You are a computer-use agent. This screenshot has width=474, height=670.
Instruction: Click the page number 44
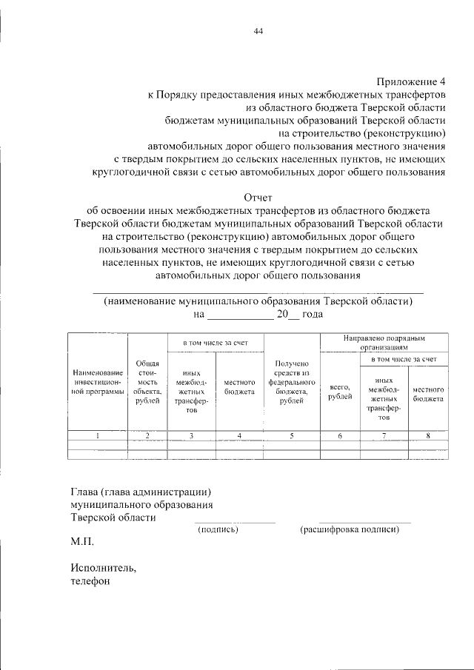pos(258,31)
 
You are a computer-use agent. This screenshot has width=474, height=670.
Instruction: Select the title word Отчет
pos(258,198)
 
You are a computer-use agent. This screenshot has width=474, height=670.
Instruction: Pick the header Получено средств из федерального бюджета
pos(291,383)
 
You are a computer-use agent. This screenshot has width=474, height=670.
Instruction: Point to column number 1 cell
pos(98,435)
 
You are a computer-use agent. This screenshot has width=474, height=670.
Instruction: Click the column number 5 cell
pos(291,435)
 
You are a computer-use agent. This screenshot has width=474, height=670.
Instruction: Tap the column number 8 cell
pos(427,435)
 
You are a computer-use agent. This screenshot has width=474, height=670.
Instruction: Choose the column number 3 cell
pos(191,435)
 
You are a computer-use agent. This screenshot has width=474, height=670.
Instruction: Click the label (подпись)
pos(217,529)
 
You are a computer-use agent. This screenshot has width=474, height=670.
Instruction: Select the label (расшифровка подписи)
pos(350,529)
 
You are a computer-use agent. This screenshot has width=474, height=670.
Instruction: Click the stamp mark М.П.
pos(82,542)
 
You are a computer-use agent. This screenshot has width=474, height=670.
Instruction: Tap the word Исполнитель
pos(104,568)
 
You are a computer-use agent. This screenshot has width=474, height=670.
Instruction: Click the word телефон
pos(90,581)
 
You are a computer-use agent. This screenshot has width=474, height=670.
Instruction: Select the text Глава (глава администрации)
pos(141,491)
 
